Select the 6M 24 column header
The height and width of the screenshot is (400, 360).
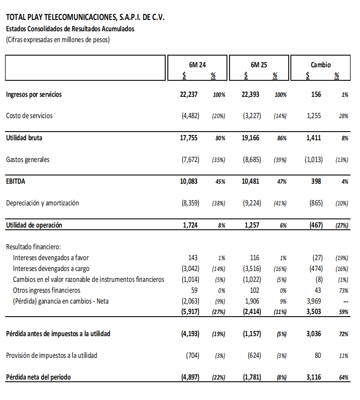(197, 65)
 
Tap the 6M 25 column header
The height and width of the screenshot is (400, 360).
(259, 65)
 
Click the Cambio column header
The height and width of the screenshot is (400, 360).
(320, 65)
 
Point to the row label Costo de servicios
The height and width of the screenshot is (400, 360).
(29, 116)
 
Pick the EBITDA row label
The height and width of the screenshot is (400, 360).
(16, 182)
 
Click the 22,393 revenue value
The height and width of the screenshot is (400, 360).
(250, 94)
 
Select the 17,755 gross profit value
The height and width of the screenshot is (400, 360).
(190, 138)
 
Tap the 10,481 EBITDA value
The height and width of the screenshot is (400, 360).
(250, 182)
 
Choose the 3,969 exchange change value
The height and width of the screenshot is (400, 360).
(313, 301)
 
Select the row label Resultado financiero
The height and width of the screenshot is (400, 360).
(33, 247)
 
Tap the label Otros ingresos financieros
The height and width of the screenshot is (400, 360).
(47, 290)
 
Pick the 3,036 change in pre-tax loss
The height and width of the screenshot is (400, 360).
(313, 334)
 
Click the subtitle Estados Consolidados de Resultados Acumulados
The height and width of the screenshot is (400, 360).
(70, 29)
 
